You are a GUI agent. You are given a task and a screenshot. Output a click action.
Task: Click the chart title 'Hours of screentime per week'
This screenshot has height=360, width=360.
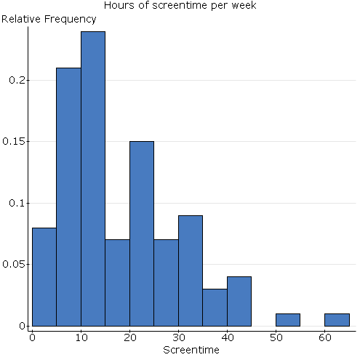(180, 6)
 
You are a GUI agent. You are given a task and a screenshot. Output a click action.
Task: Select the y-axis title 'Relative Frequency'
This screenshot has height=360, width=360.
(49, 19)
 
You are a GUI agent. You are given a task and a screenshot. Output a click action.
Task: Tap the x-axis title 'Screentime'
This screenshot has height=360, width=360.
(190, 350)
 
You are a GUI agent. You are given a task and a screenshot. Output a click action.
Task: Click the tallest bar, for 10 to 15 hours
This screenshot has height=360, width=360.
(93, 178)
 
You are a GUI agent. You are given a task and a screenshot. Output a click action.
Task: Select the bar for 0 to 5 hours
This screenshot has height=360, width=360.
(44, 276)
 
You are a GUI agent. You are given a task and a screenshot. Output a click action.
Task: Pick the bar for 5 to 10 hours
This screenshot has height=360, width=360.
(68, 196)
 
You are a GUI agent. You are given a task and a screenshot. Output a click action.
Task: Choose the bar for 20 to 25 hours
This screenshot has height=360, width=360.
(142, 233)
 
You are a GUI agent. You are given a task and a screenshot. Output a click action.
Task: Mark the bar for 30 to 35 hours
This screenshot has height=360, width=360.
(191, 271)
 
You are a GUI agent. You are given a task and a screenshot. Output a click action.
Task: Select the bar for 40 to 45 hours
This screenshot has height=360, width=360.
(239, 301)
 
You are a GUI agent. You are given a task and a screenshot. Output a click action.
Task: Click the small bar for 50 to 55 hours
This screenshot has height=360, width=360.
(288, 320)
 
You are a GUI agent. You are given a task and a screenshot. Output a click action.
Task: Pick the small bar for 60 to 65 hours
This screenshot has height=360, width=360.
(337, 320)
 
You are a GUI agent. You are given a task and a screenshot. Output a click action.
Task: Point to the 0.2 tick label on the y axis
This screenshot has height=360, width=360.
(17, 79)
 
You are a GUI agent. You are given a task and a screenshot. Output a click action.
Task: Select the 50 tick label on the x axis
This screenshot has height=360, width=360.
(276, 337)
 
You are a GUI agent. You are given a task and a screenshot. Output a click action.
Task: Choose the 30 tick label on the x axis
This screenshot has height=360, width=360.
(178, 337)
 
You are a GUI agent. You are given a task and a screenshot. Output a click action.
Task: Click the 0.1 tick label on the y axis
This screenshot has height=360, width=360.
(17, 203)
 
